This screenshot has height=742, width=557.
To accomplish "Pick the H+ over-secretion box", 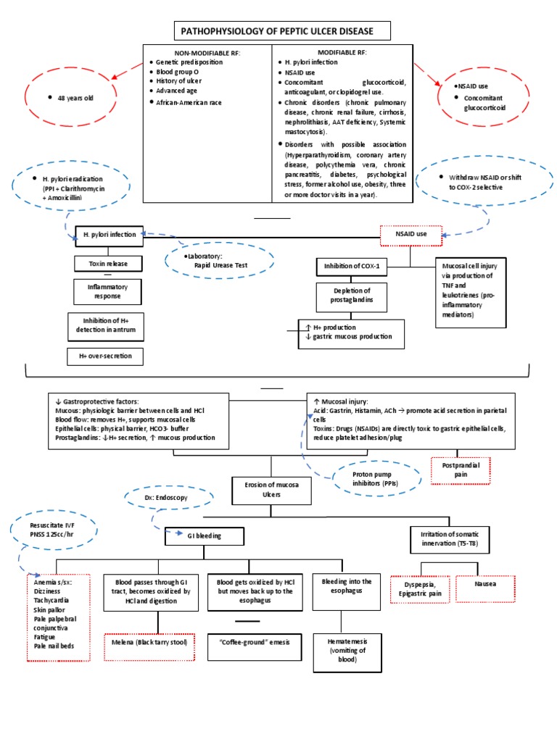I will pos(106,357).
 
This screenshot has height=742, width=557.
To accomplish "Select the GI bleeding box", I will pos(205,535).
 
